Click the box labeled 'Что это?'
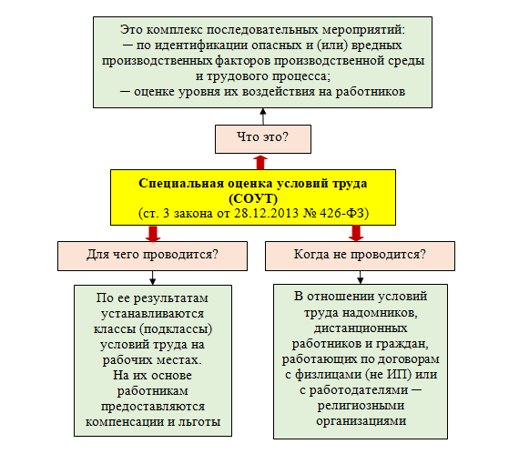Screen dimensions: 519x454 [263, 139]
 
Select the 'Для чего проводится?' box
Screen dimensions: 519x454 [152, 256]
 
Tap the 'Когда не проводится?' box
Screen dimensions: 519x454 [360, 256]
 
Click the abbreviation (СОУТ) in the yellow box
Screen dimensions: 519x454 [253, 198]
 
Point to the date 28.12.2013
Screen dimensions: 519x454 [267, 213]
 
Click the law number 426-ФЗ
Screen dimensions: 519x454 [342, 213]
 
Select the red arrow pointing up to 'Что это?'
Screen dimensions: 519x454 [260, 162]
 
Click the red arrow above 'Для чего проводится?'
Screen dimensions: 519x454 [153, 234]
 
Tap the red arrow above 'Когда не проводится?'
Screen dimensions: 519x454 [356, 233]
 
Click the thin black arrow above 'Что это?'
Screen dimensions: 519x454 [263, 116]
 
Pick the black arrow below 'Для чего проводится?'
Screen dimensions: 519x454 [152, 277]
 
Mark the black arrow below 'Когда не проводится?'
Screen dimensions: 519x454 [361, 277]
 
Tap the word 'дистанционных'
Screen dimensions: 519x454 [361, 328]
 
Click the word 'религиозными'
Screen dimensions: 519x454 [361, 406]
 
